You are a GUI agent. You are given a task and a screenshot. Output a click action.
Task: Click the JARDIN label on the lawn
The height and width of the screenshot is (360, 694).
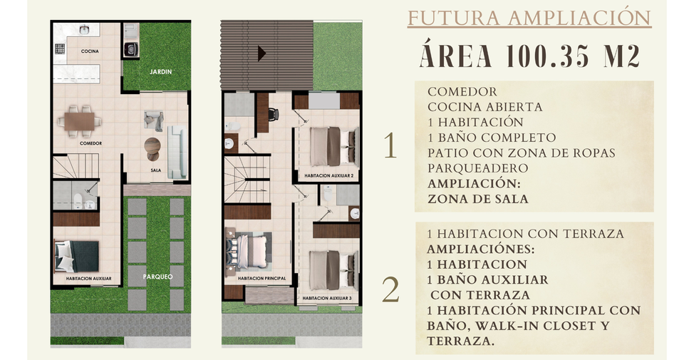coord(160,72)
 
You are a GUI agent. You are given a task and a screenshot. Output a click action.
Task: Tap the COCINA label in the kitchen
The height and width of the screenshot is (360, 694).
coord(90,51)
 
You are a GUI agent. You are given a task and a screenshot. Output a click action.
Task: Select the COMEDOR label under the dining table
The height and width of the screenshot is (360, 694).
coord(90,143)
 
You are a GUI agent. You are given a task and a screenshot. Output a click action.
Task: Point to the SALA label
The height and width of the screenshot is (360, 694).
coord(156,170)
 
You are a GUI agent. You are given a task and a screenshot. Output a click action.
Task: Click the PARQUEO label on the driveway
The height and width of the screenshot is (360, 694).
coord(158,277)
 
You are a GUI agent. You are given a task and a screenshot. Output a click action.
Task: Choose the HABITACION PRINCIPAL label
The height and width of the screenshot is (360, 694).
coord(261,279)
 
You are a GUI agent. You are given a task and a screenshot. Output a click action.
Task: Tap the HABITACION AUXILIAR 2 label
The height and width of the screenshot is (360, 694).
coord(328,176)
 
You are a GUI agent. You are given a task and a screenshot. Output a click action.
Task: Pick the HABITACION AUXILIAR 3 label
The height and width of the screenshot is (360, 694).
coord(327,299)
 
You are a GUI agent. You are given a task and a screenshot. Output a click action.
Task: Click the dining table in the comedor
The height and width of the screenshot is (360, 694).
coord(79,121)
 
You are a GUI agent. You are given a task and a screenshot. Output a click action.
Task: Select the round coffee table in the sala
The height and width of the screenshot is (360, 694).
coord(152,146)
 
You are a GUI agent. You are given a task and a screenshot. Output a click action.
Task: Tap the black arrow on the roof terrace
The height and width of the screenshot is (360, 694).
coord(261,53)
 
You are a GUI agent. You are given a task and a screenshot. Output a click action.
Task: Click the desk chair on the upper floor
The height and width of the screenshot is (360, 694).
coord(273,114)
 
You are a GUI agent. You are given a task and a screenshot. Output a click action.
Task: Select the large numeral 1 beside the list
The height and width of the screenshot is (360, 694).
coord(390,145)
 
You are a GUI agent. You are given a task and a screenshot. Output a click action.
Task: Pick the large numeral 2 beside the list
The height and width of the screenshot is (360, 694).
coord(390,290)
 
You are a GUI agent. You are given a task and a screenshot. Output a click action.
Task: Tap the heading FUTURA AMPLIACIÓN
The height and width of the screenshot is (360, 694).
coord(529,19)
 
